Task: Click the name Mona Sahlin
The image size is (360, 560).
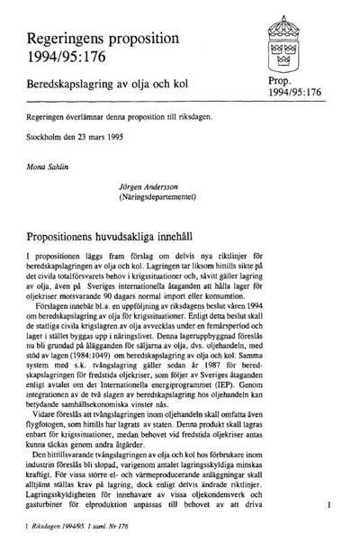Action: pyautogui.click(x=49, y=167)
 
